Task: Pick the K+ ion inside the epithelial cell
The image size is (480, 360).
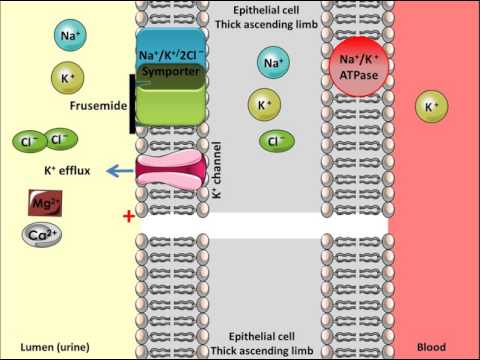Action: tap(263, 104)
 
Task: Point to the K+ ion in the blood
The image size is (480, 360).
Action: tap(431, 105)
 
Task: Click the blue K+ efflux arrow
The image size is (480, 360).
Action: tap(121, 171)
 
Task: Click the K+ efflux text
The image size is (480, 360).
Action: tap(66, 171)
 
